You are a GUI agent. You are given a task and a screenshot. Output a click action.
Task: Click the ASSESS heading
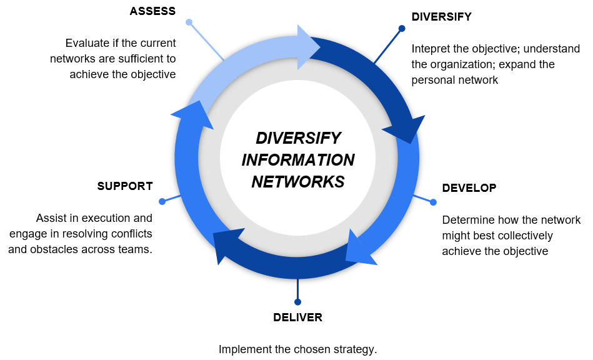point(152,11)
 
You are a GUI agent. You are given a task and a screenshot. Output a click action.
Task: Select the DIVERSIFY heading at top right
point(441,17)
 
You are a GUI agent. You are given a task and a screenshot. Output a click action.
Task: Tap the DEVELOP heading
point(469,188)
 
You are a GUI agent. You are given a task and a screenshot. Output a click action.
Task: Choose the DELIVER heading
point(297,317)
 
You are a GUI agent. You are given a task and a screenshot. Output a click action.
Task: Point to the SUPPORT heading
point(125,186)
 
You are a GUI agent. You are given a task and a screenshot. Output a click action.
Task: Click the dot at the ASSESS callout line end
point(189,22)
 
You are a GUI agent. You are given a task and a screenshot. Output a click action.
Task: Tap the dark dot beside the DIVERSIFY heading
point(402,28)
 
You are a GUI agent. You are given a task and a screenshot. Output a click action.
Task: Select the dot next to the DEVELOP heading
point(433,202)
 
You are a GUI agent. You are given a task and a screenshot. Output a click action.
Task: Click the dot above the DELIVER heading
point(297,302)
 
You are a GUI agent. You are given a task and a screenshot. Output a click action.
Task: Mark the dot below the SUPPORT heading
point(162,201)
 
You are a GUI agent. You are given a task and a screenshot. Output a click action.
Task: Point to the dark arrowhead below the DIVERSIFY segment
point(406,130)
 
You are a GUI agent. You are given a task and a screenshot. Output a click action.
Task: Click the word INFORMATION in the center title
point(298,160)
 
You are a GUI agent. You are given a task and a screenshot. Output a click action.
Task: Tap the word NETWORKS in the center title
point(298,182)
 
